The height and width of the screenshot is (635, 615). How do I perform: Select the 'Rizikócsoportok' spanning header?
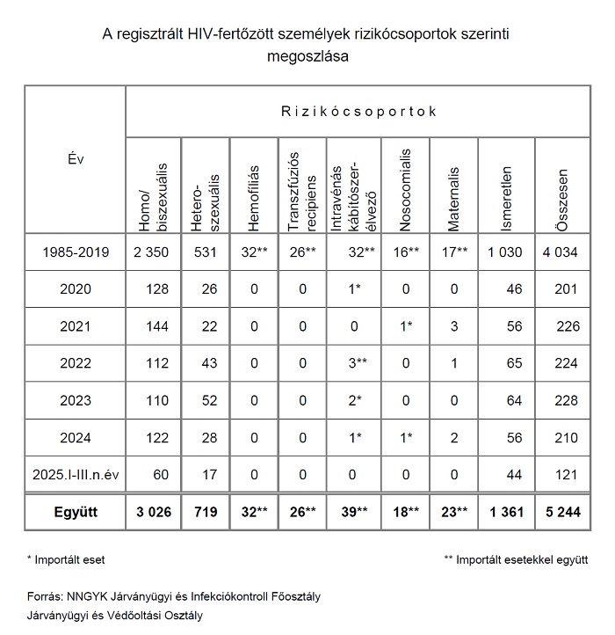coord(359,112)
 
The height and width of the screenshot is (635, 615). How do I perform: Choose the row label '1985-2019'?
coord(76,253)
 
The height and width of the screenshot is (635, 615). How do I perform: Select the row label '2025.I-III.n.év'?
coord(76,475)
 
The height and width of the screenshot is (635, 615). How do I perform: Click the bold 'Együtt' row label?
coord(76,512)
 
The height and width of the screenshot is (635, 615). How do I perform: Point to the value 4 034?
coord(559,253)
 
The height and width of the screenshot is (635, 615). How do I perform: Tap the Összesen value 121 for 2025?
coord(563,475)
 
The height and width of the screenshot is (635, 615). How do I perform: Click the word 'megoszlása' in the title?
coord(306,57)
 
